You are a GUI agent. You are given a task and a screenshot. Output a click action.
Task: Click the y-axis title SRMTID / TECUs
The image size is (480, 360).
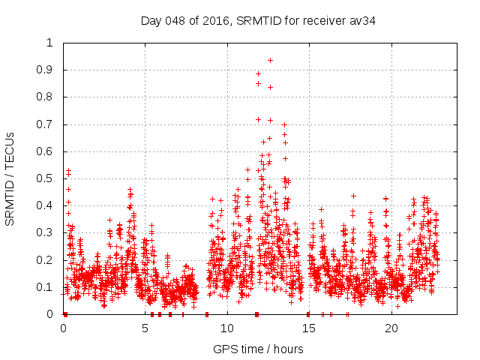point(10,178)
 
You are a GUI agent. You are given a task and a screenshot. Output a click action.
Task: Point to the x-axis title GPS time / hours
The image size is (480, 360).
point(258,349)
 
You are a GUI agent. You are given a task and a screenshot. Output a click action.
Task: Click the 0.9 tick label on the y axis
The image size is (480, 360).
point(47,70)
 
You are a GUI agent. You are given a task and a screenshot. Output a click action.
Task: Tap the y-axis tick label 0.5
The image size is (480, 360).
point(47,178)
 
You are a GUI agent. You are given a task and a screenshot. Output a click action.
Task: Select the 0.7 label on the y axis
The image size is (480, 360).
point(47,124)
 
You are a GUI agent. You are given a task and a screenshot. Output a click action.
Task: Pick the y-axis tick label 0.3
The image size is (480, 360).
point(47,232)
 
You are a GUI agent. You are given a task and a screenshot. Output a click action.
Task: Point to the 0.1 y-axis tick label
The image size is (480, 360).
point(47,287)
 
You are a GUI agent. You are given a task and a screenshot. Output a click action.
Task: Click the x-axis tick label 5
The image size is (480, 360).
point(145,328)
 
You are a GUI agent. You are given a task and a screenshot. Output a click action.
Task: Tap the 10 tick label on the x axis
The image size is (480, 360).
point(226,328)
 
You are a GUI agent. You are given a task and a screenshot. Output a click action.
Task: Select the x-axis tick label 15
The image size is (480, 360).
point(308,328)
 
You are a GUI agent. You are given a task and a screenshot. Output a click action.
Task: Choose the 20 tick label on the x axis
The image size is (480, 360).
point(390,328)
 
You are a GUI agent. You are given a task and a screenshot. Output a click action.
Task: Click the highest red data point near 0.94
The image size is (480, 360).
point(270,60)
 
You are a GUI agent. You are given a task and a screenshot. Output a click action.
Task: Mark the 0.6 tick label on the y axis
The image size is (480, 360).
point(47,151)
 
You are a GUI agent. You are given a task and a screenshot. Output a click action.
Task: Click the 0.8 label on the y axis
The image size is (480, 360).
point(47,97)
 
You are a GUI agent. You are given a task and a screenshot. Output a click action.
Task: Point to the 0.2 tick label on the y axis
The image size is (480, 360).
point(47,260)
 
